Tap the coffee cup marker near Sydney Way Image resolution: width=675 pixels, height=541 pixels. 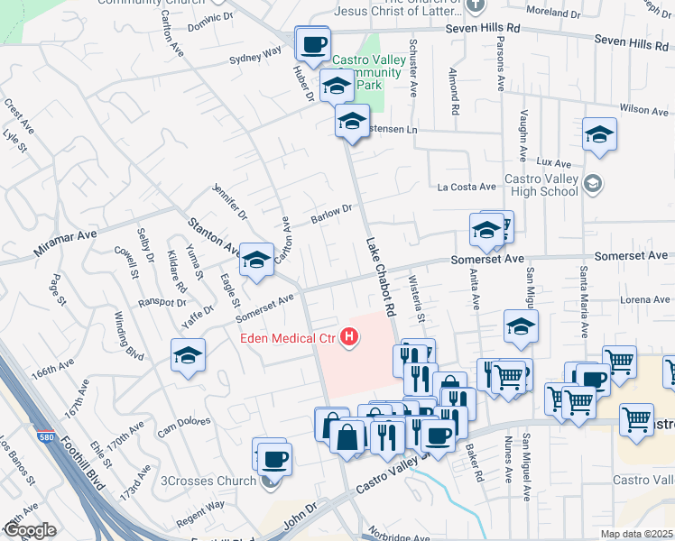click(x=313, y=45)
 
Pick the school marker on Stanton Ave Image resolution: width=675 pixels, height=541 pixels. click(x=257, y=261)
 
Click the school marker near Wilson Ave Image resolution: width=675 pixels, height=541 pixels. click(x=600, y=135)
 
